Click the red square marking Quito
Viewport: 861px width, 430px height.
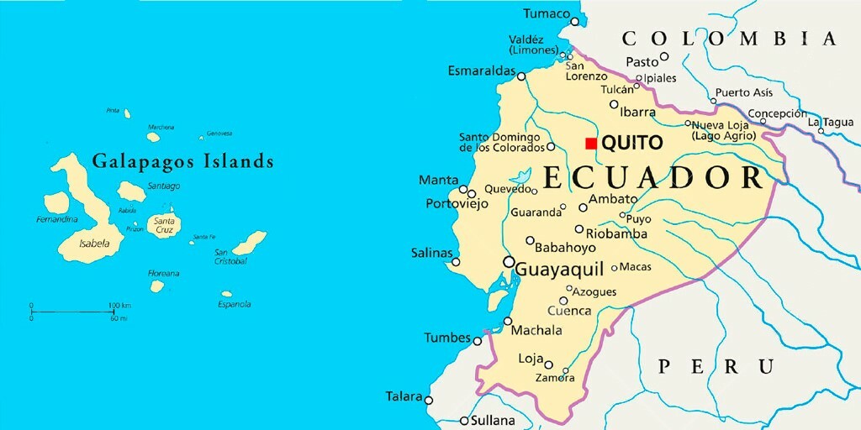[591, 143]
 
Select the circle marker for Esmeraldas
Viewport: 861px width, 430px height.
[521, 76]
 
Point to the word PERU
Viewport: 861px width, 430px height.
[716, 366]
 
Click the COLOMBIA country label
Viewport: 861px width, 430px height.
[729, 38]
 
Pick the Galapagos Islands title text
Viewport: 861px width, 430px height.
[182, 160]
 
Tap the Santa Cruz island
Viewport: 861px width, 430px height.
[162, 225]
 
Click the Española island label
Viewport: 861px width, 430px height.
[235, 304]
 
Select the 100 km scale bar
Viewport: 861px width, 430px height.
[72, 312]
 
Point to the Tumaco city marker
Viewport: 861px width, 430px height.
[575, 21]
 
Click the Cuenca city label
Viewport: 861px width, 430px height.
[569, 311]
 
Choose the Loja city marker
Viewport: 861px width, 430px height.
[548, 364]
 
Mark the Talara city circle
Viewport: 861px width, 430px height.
[429, 401]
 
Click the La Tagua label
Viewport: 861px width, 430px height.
[831, 122]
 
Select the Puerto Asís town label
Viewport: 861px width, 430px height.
[743, 92]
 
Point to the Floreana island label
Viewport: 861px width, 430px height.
[163, 273]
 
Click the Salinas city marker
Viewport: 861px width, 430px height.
[456, 262]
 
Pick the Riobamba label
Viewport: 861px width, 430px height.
[616, 233]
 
